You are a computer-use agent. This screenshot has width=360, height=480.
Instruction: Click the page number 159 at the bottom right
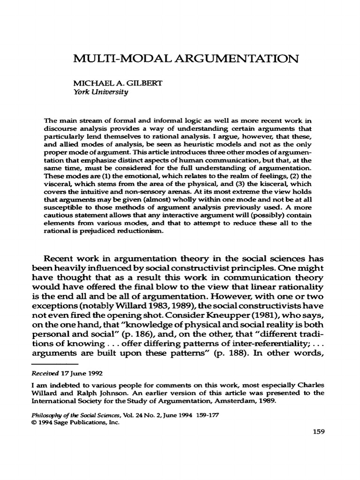point(319,432)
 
